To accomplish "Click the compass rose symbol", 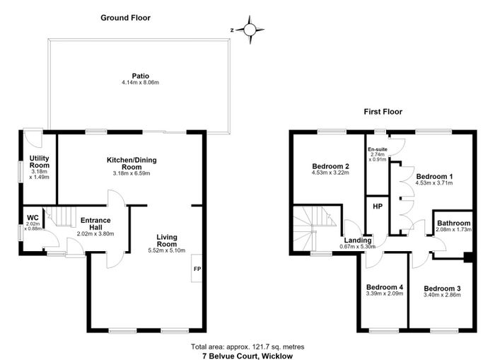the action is (250, 30).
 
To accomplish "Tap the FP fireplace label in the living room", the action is (197, 269).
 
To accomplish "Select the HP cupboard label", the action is (378, 207).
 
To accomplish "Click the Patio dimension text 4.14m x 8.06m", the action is (140, 83).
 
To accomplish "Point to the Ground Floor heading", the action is (125, 18).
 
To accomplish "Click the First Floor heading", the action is (383, 112).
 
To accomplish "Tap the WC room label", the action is (33, 218).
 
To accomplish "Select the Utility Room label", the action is (40, 162).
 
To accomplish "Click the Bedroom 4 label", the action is (385, 287).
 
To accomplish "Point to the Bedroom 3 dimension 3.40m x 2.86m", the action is (442, 295).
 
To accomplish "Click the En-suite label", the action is (378, 149).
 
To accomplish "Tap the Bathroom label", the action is (454, 223).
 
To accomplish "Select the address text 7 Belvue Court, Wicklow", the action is (248, 356).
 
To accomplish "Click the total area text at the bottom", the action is (248, 347).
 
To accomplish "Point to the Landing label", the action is (358, 240).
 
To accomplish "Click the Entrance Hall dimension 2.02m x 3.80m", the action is (95, 234).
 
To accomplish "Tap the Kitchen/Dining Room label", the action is (132, 163).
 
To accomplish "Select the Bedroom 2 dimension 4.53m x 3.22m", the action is (330, 173).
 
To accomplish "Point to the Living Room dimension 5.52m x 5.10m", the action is (167, 251).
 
